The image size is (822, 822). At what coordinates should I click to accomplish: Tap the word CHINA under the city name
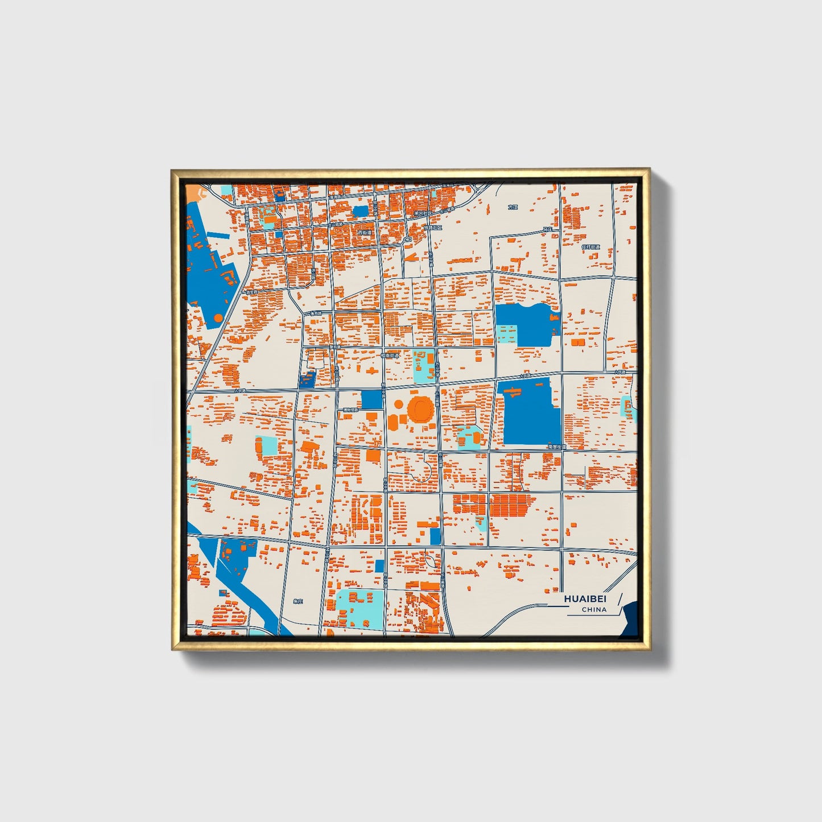click(x=594, y=609)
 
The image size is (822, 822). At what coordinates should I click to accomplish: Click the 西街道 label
click(x=364, y=233)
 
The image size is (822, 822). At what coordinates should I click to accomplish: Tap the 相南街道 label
click(x=390, y=355)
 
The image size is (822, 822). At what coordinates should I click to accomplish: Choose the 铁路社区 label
click(x=433, y=227)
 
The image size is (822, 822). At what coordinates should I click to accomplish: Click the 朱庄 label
click(x=298, y=601)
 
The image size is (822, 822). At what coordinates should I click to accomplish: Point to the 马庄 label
click(x=547, y=229)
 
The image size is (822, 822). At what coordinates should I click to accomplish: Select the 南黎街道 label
click(x=557, y=448)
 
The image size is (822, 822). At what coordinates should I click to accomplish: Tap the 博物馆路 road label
click(x=350, y=410)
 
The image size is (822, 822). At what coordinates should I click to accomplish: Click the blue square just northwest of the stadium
click(x=372, y=399)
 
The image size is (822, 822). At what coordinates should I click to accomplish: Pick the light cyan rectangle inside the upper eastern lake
click(x=507, y=333)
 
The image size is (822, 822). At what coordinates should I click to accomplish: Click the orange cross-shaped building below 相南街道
click(x=373, y=371)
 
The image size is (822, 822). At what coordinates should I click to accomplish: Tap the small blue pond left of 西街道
click(x=360, y=211)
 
